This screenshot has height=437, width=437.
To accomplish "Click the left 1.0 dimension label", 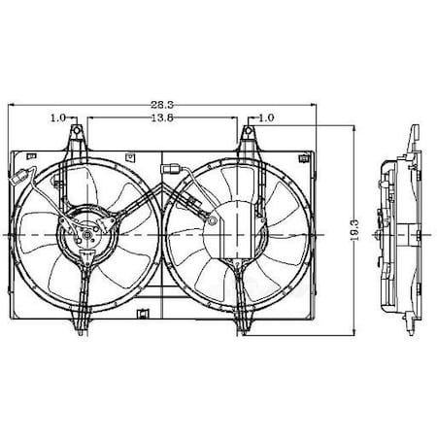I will (57, 118).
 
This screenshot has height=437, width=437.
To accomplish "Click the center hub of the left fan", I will (82, 236).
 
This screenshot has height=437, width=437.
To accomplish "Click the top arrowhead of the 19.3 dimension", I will (350, 127).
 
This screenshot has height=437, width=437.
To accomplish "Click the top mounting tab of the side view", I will (414, 134).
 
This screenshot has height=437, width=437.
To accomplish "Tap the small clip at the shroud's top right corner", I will (297, 155).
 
